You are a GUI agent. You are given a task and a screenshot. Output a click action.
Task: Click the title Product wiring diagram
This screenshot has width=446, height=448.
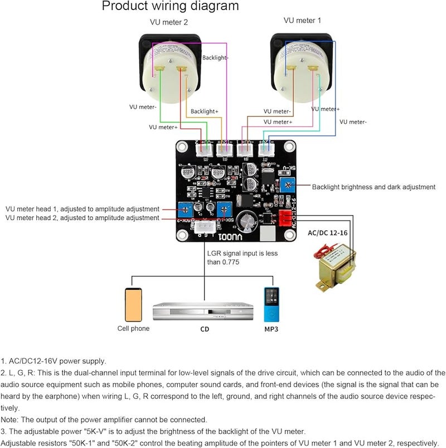click(170, 7)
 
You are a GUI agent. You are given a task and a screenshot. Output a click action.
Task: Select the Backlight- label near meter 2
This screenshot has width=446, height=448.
click(216, 57)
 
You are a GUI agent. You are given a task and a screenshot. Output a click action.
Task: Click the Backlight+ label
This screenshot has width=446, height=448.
click(205, 111)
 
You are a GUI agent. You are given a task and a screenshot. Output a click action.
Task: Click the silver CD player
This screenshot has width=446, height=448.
click(205, 312)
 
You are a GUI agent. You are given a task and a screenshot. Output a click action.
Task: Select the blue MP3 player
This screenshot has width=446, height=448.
click(271, 304)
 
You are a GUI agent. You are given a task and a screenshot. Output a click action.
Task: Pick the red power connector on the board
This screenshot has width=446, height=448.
click(285, 218)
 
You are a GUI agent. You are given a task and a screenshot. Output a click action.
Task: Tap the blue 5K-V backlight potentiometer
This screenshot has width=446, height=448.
click(287, 184)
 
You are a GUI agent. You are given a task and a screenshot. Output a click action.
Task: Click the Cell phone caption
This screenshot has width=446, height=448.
click(133, 329)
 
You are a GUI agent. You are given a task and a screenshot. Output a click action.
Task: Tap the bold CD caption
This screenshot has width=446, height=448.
click(205, 329)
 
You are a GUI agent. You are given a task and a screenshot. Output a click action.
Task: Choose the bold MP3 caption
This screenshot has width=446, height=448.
click(271, 329)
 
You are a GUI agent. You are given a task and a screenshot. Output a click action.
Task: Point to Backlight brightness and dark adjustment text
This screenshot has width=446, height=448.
click(374, 187)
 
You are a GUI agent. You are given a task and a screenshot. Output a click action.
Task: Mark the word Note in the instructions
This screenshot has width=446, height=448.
click(9, 420)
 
